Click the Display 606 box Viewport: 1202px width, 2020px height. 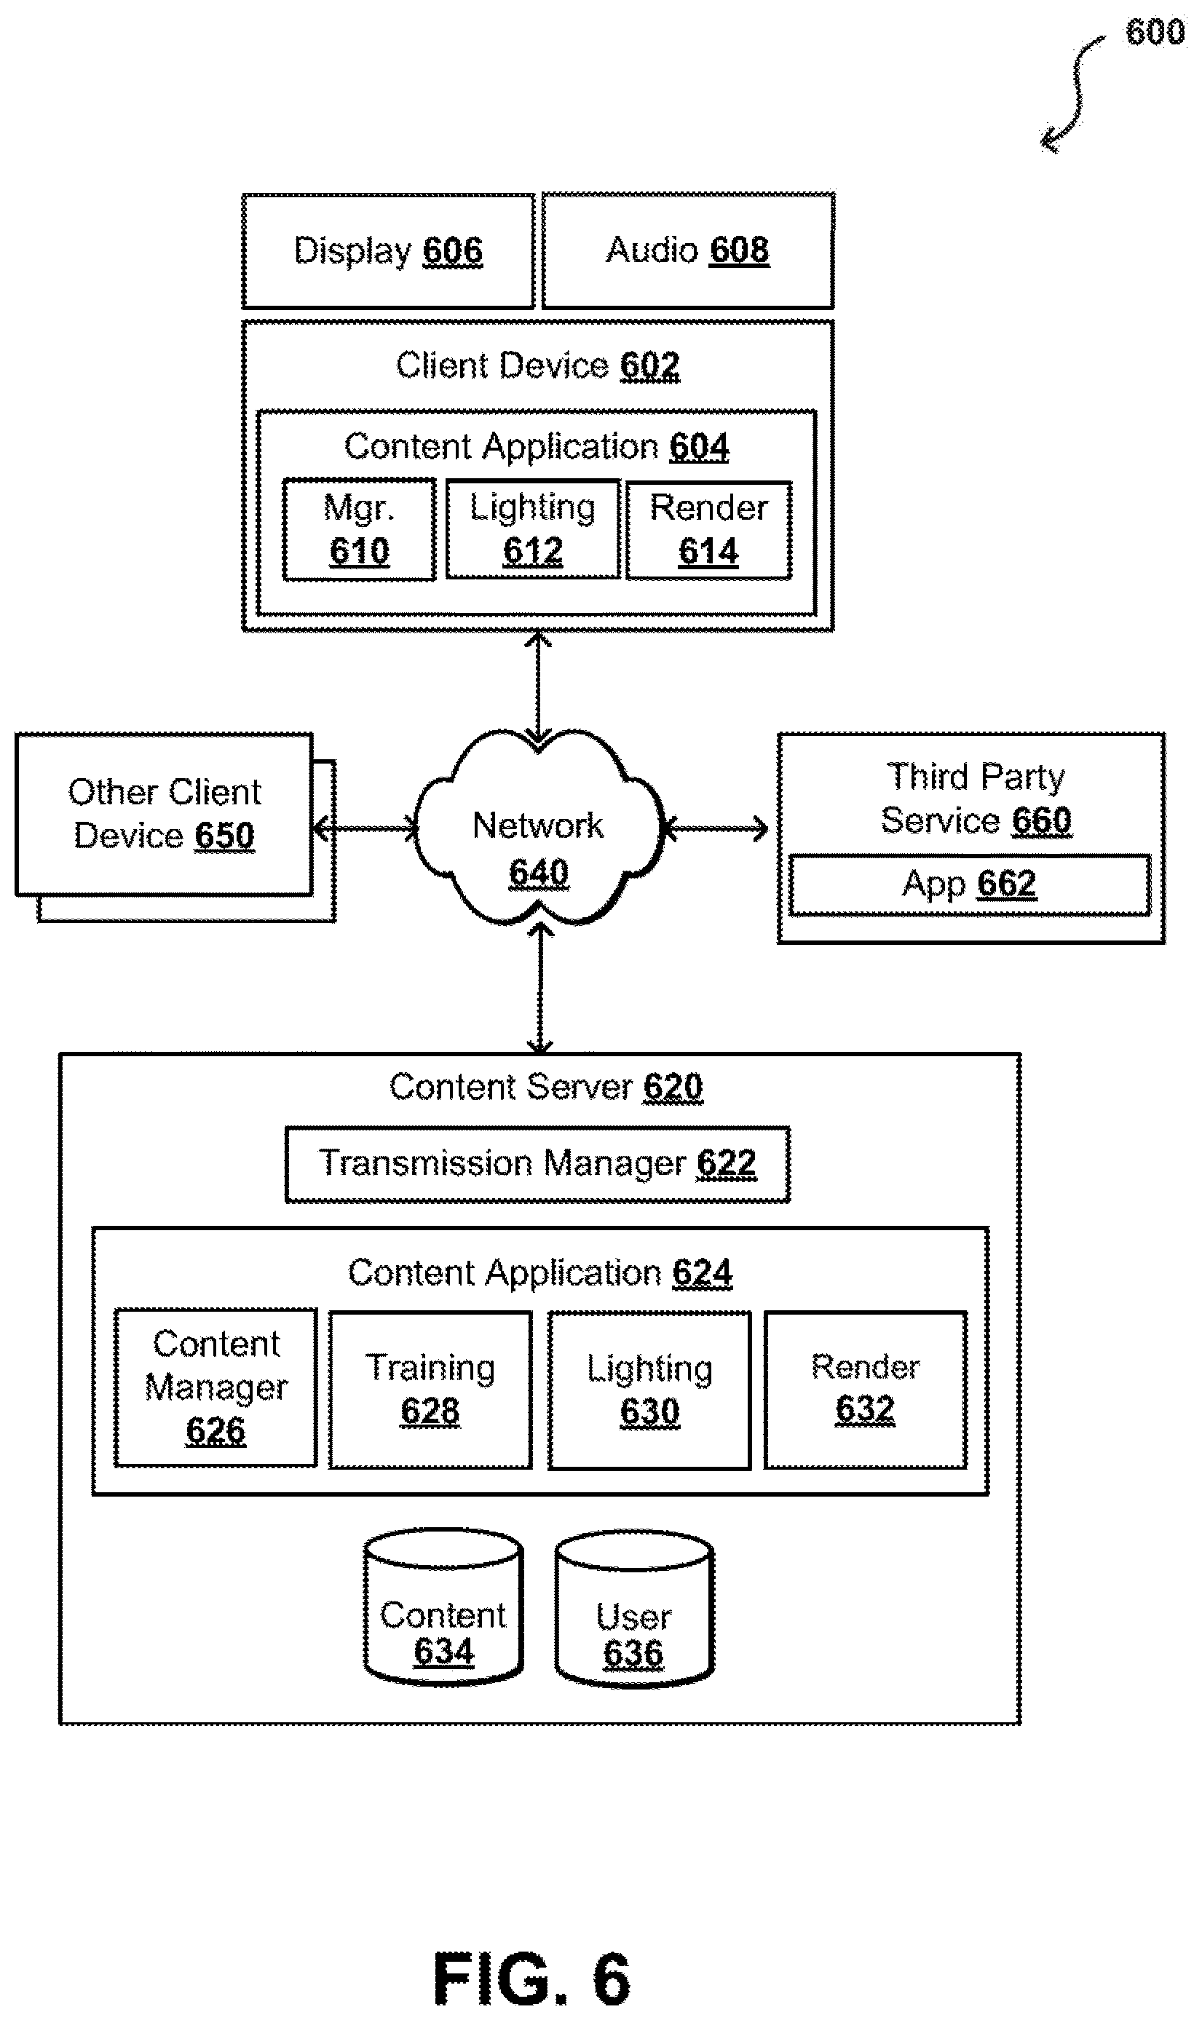pyautogui.click(x=388, y=251)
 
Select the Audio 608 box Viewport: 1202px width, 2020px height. pyautogui.click(x=688, y=250)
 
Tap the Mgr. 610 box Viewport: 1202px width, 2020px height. pyautogui.click(x=359, y=529)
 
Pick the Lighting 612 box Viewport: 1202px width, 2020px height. pyautogui.click(x=533, y=528)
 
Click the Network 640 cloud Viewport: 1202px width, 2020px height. pyautogui.click(x=539, y=828)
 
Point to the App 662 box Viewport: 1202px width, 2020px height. pyautogui.click(x=970, y=884)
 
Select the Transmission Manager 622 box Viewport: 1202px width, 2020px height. pyautogui.click(x=538, y=1163)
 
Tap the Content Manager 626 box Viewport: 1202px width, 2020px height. pyautogui.click(x=216, y=1387)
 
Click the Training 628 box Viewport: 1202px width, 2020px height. pyautogui.click(x=430, y=1390)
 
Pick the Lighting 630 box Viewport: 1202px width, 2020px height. pyautogui.click(x=649, y=1390)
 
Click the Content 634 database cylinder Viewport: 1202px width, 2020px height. pyautogui.click(x=443, y=1607)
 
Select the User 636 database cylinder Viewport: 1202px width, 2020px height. pyautogui.click(x=634, y=1609)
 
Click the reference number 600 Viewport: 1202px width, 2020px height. pyautogui.click(x=1155, y=32)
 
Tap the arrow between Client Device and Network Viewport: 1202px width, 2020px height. pyautogui.click(x=538, y=687)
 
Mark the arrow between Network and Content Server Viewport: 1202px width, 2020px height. pyautogui.click(x=539, y=989)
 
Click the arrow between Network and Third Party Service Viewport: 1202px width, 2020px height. pyautogui.click(x=716, y=828)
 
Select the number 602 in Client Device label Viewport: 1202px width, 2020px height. pyautogui.click(x=649, y=366)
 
